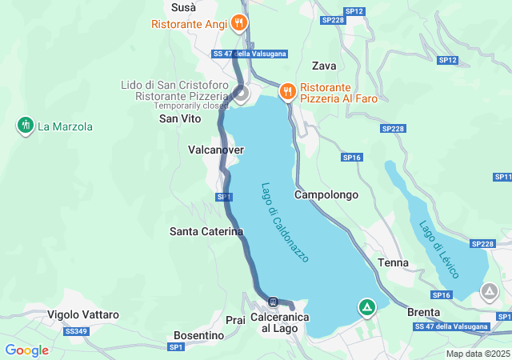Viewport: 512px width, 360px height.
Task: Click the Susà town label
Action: (x=184, y=6)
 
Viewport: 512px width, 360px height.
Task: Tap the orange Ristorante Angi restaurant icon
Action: (x=238, y=23)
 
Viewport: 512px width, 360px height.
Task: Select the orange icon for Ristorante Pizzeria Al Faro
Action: (x=286, y=92)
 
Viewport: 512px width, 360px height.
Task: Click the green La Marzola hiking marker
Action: (x=26, y=126)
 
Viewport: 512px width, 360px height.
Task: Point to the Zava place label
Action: (x=324, y=66)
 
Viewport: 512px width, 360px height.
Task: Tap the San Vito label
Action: (x=180, y=118)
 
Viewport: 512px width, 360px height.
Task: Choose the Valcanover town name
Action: (x=215, y=150)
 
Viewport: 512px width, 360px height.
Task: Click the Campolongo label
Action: (x=326, y=194)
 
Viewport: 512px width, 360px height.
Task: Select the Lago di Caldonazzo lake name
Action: (x=285, y=222)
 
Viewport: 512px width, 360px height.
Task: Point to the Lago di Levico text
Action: (x=439, y=249)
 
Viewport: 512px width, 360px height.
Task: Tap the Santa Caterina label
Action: (x=206, y=231)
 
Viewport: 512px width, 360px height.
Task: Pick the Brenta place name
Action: (x=423, y=312)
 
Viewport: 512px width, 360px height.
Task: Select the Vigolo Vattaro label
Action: (x=83, y=314)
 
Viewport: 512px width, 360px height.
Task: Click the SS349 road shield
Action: (x=75, y=331)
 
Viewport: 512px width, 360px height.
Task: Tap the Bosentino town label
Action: (x=198, y=335)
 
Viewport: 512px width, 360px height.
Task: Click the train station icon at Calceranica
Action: (x=274, y=302)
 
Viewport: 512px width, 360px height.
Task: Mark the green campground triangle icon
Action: (x=366, y=306)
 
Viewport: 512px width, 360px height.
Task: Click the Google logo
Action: (x=26, y=350)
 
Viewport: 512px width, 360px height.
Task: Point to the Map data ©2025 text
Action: (x=478, y=354)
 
